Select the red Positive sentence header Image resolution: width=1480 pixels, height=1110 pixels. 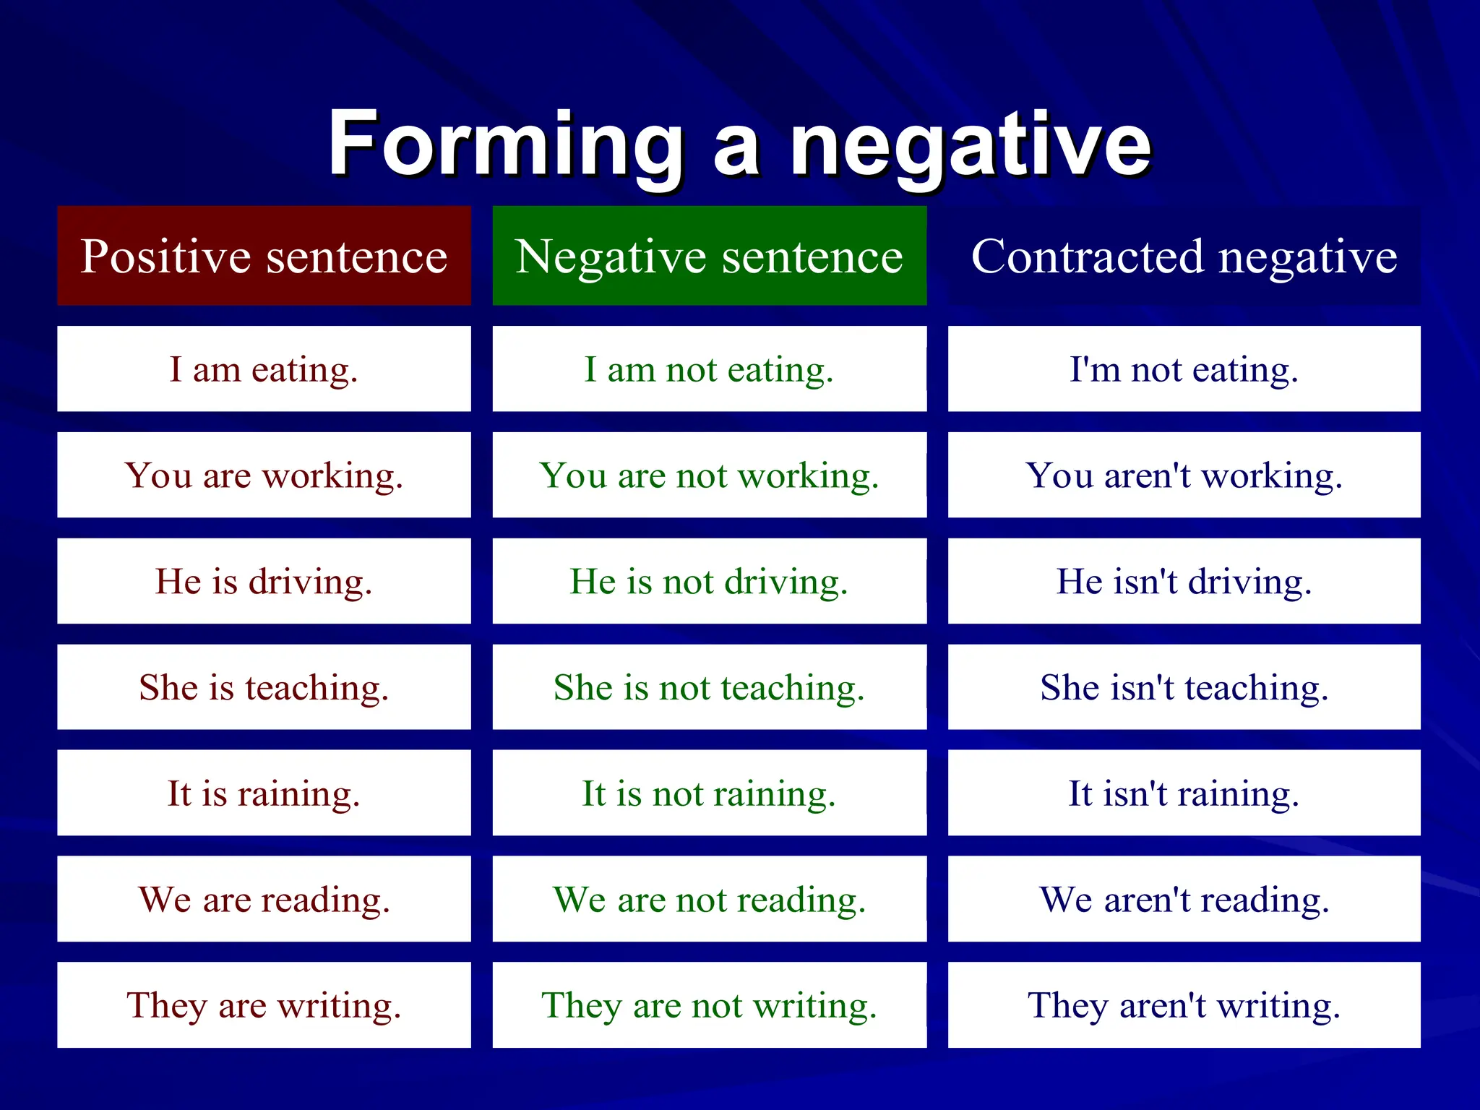[264, 256]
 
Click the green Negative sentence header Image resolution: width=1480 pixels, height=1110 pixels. [709, 256]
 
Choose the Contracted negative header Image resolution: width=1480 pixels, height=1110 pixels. [1184, 256]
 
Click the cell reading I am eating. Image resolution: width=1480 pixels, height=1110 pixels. [264, 369]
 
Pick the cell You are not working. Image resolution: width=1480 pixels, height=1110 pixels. [709, 476]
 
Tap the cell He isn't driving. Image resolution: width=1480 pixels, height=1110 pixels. [1184, 582]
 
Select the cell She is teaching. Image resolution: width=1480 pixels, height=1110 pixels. [264, 687]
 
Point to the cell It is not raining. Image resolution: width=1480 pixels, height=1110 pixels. [709, 793]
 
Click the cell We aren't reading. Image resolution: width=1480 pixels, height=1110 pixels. [1184, 900]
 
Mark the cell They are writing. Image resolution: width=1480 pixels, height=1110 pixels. [264, 1005]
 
